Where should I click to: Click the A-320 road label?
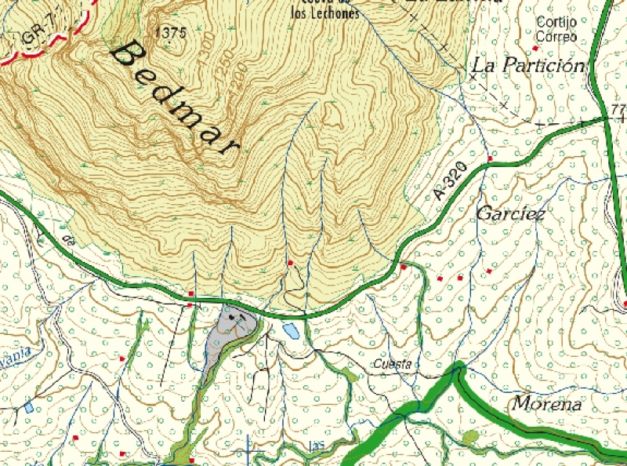tap(449, 184)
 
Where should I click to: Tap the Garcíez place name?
tap(510, 213)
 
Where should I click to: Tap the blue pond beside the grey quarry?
tap(291, 330)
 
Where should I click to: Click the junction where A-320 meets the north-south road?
tap(606, 118)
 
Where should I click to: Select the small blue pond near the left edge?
tap(29, 407)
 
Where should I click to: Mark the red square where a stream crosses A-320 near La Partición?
tap(490, 159)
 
